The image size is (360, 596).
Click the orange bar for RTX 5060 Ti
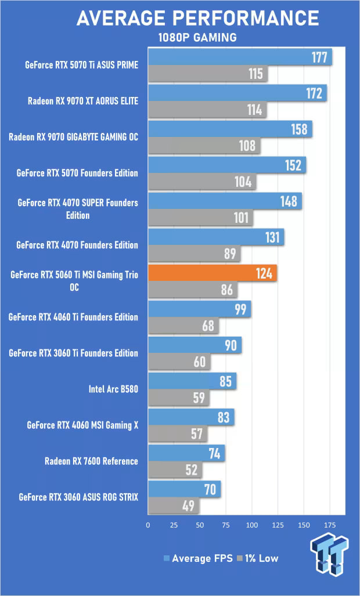(212, 273)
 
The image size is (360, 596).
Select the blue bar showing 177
(239, 57)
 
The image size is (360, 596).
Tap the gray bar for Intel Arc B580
(178, 399)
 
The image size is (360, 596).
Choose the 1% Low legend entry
(257, 558)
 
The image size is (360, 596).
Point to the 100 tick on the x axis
(252, 525)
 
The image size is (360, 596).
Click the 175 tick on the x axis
(330, 525)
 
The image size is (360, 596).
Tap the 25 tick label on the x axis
(174, 525)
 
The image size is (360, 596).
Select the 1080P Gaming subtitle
(197, 38)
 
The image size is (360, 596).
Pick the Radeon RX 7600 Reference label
(91, 461)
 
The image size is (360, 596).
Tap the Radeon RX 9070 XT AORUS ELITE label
(83, 101)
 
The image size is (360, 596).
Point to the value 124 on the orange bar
(264, 273)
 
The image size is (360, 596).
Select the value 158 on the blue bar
(299, 129)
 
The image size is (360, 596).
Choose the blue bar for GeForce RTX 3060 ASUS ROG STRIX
(184, 489)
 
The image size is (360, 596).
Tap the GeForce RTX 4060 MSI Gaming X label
(82, 425)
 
